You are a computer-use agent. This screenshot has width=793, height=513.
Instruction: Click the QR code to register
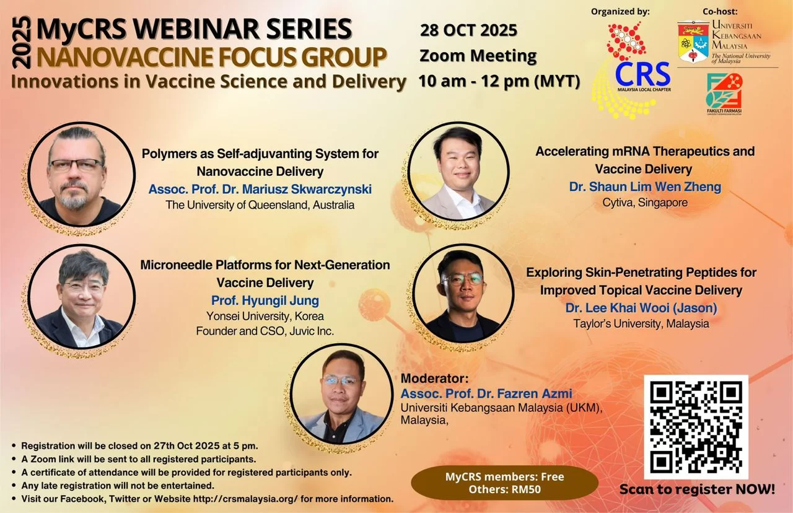[696, 427]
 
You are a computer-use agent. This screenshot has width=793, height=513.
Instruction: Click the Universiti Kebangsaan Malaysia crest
[693, 42]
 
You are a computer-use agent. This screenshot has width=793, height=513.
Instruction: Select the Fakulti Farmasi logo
[724, 94]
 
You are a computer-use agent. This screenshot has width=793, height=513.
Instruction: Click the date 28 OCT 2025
[468, 30]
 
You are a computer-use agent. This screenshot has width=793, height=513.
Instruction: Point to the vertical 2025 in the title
[22, 43]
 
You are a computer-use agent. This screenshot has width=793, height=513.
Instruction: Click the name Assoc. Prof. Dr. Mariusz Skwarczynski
[260, 189]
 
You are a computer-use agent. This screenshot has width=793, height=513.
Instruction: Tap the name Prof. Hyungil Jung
[265, 300]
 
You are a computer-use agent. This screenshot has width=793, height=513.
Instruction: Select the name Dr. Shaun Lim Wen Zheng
[645, 186]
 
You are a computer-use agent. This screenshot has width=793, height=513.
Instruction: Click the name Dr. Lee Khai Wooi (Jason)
[641, 308]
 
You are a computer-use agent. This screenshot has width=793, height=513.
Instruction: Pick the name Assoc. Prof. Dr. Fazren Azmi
[486, 393]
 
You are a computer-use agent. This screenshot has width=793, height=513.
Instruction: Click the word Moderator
[434, 379]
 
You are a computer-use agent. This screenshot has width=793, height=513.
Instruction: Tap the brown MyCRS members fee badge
[504, 483]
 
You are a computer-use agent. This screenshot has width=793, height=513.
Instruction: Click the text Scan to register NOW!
[697, 489]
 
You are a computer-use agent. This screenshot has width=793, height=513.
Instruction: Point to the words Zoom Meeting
[478, 56]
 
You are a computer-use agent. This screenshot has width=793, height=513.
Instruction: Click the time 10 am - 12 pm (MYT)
[499, 81]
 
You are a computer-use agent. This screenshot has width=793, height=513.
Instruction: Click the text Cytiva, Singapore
[645, 203]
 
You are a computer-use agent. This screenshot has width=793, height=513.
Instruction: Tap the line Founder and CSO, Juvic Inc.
[265, 331]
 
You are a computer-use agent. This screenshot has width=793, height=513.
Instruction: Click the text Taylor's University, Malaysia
[641, 323]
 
